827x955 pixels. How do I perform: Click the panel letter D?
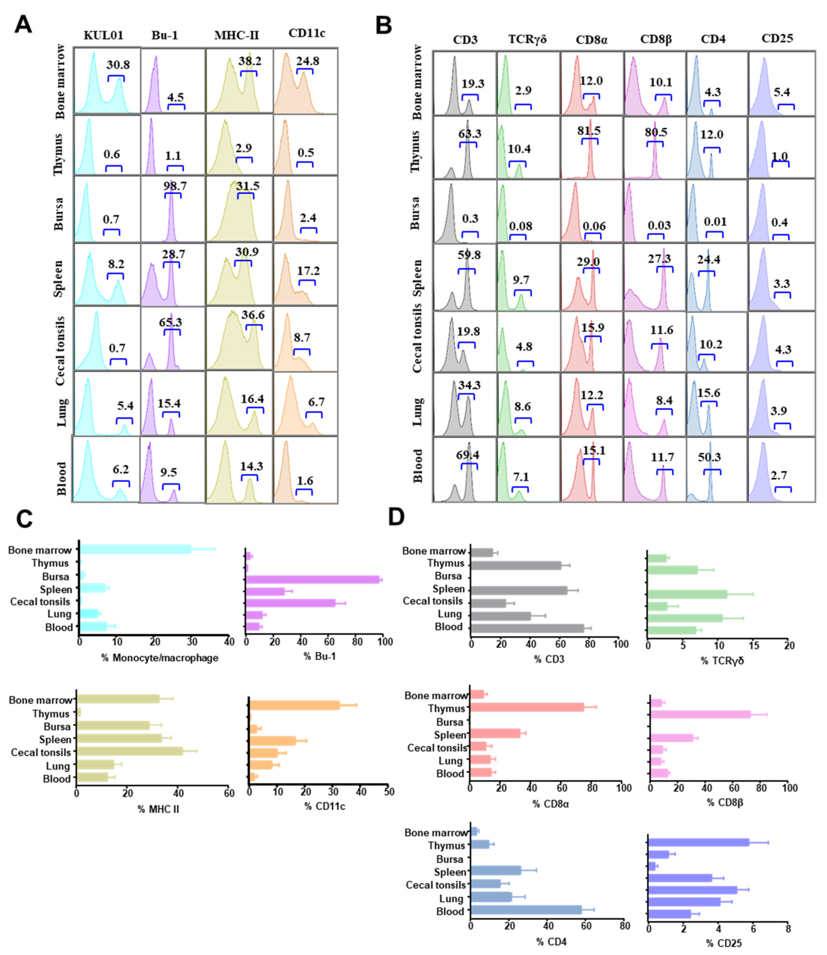[396, 517]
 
